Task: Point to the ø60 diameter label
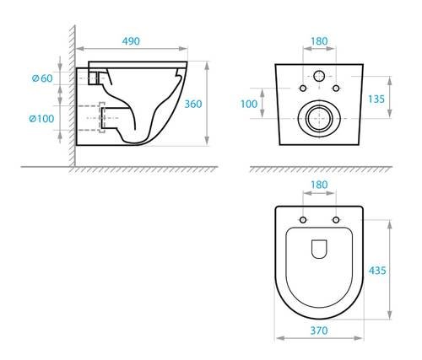41,78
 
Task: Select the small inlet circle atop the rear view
320,77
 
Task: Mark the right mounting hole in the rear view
337,88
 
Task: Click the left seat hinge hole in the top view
302,220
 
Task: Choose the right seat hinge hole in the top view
336,220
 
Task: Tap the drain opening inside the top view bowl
319,249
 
